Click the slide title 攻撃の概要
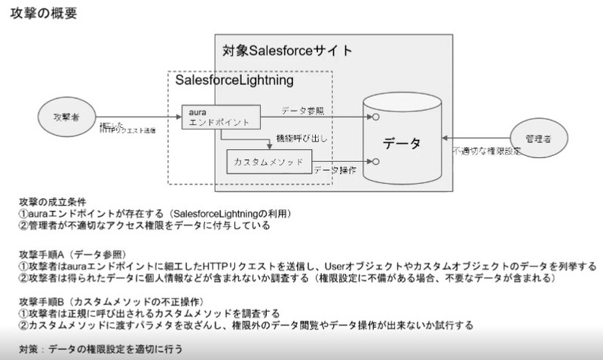[x=43, y=14]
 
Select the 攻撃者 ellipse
[x=66, y=118]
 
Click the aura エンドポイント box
[x=220, y=117]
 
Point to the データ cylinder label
[x=401, y=143]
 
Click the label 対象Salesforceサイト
[x=287, y=51]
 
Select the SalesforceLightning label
[x=234, y=80]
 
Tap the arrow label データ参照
[x=303, y=111]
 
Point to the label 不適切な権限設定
[x=486, y=151]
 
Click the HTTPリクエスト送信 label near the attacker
[x=127, y=130]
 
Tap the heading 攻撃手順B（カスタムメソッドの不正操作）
[x=106, y=301]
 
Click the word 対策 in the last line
[x=30, y=349]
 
